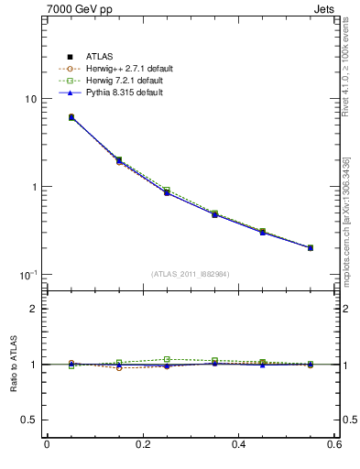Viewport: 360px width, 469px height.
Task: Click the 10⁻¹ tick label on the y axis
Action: click(27, 275)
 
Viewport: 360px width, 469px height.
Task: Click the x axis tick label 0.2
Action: click(143, 444)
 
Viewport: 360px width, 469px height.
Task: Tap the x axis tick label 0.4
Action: click(239, 444)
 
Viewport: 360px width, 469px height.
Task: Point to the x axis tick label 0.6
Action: click(334, 444)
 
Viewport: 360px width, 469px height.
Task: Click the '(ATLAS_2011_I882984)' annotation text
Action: click(191, 273)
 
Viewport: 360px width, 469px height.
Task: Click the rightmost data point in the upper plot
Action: click(311, 247)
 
